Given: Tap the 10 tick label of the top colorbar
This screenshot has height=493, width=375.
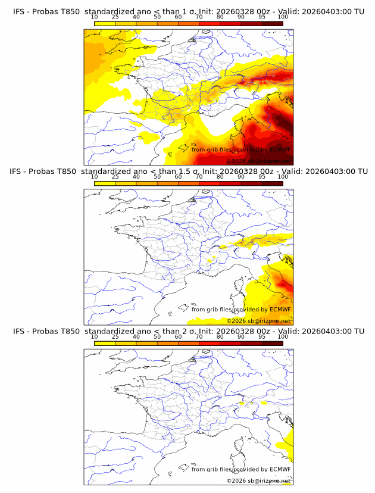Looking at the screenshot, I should pyautogui.click(x=94, y=17).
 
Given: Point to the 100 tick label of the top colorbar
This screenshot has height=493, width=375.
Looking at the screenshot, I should pyautogui.click(x=283, y=17).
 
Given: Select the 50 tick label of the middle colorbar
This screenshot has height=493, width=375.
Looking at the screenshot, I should pyautogui.click(x=157, y=177).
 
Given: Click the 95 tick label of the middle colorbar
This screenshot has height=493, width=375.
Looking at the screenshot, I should pyautogui.click(x=262, y=177).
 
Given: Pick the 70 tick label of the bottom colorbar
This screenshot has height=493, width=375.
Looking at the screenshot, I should pyautogui.click(x=199, y=336).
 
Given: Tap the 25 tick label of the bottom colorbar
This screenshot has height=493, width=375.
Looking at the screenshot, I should pyautogui.click(x=115, y=336).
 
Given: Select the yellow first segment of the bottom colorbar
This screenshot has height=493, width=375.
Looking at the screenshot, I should pyautogui.click(x=105, y=342).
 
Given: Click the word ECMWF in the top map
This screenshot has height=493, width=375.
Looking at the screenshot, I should pyautogui.click(x=280, y=149).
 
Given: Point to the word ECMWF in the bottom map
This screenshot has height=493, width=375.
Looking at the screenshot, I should pyautogui.click(x=280, y=469).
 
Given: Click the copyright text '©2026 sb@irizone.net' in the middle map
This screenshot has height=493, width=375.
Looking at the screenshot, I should pyautogui.click(x=258, y=320).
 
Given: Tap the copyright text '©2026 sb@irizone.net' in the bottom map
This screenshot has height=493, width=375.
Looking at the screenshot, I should pyautogui.click(x=258, y=480).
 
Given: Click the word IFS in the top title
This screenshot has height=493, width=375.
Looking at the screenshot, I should pyautogui.click(x=18, y=12).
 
